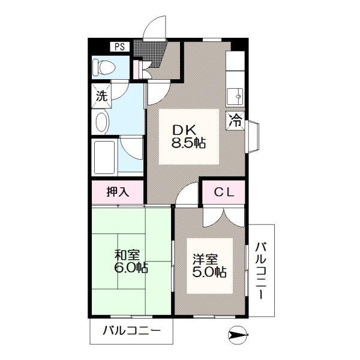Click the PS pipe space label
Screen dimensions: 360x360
119,47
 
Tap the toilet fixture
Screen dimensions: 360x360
104,68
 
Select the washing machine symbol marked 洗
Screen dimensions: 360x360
101,96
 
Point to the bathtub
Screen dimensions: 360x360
104,157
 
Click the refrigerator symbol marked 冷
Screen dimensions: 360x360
236,121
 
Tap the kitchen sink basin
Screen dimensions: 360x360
236,96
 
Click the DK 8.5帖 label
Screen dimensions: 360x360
188,137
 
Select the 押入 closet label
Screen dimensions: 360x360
118,192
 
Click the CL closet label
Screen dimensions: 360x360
224,192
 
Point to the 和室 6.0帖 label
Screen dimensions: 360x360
131,261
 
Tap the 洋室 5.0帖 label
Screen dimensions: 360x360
209,266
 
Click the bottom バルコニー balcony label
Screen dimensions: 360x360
131,331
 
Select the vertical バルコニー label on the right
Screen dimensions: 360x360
261,271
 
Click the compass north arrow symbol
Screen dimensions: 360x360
238,335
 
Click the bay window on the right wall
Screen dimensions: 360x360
253,136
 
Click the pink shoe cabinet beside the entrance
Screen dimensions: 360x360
136,69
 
